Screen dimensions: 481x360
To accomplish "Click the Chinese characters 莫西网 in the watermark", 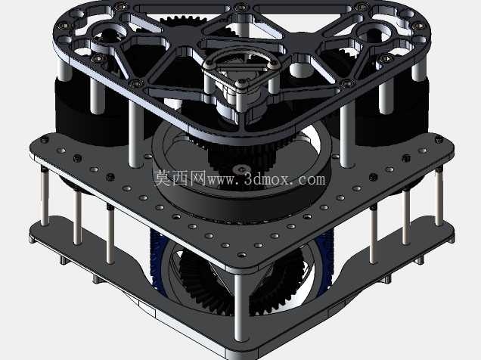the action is [180, 178].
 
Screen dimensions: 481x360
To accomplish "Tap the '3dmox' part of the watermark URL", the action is [267, 178].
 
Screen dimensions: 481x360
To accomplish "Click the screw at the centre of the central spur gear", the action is [242, 169].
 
